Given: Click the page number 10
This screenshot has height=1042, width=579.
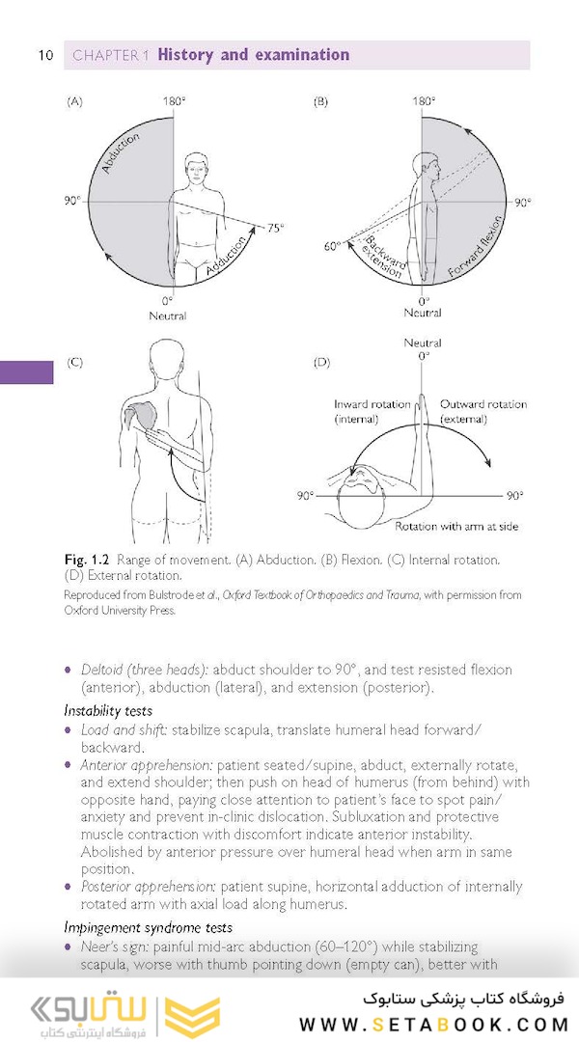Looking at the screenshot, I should pos(45,55).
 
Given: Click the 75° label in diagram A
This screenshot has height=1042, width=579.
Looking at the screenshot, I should pos(275,228).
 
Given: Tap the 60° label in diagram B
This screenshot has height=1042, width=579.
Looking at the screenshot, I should pos(332,247).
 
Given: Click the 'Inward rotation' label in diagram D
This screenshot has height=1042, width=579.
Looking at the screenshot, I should pos(372,404).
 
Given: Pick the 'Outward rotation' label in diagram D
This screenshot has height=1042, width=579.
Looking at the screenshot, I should pos(483,404).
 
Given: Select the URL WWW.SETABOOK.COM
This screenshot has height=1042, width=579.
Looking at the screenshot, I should pos(431,1024).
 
